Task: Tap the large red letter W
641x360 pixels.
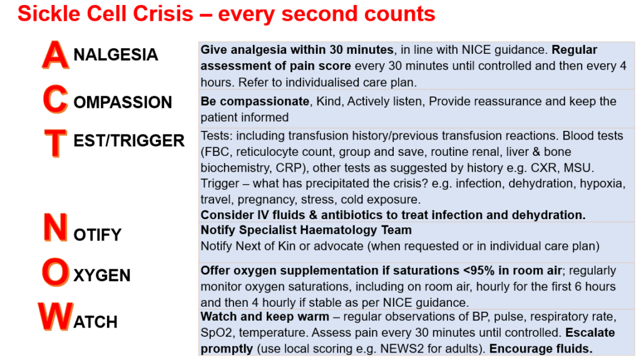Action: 56,319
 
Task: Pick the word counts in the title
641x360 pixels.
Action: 401,14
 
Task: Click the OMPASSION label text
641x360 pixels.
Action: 123,103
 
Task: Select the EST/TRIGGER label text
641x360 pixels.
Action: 129,140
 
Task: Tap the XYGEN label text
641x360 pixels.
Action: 102,275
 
